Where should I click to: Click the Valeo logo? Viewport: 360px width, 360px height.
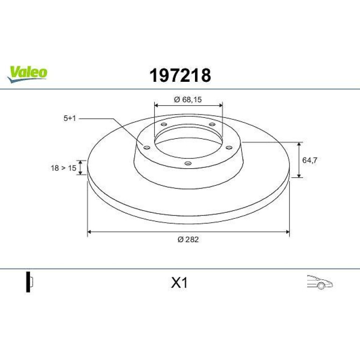point(27,74)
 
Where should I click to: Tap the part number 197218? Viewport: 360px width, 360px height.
point(180,75)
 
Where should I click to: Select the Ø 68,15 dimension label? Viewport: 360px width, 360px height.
point(188,100)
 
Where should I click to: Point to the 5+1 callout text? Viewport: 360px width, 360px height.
point(70,118)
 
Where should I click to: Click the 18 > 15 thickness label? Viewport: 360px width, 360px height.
point(64,168)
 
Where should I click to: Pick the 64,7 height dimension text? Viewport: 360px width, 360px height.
point(310,160)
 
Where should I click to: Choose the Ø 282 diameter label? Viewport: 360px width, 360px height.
point(188,239)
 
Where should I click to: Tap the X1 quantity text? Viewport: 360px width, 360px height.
point(180,283)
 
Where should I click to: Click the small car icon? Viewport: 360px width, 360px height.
point(320,282)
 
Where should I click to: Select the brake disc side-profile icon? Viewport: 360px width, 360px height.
point(29,282)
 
